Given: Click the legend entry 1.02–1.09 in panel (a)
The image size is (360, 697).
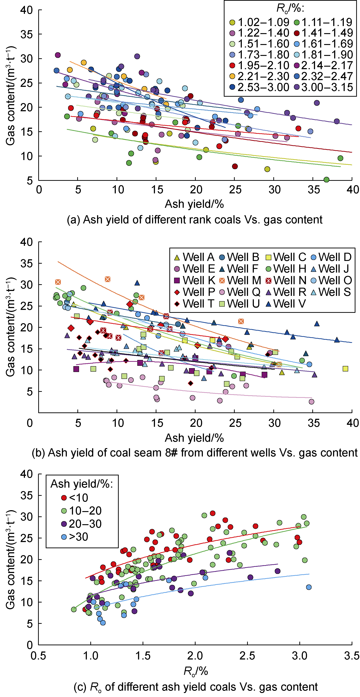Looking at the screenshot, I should point(259,22).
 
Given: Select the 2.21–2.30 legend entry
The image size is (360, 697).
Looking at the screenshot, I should point(259,76).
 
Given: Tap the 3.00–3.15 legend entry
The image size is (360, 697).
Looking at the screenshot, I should point(323,87).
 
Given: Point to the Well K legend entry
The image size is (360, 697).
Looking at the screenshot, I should point(195,280).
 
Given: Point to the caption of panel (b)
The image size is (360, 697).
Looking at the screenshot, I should point(194,453).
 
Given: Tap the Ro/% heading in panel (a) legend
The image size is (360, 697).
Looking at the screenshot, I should point(290,9).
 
